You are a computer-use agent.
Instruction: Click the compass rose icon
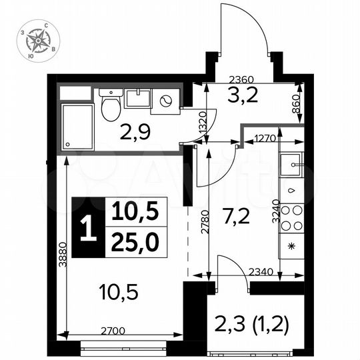click(39, 42)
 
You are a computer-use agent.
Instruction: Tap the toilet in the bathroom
click(111, 106)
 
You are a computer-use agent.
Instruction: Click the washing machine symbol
click(165, 101)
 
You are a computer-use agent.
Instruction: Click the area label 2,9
click(135, 132)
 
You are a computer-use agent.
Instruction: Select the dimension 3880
click(61, 254)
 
